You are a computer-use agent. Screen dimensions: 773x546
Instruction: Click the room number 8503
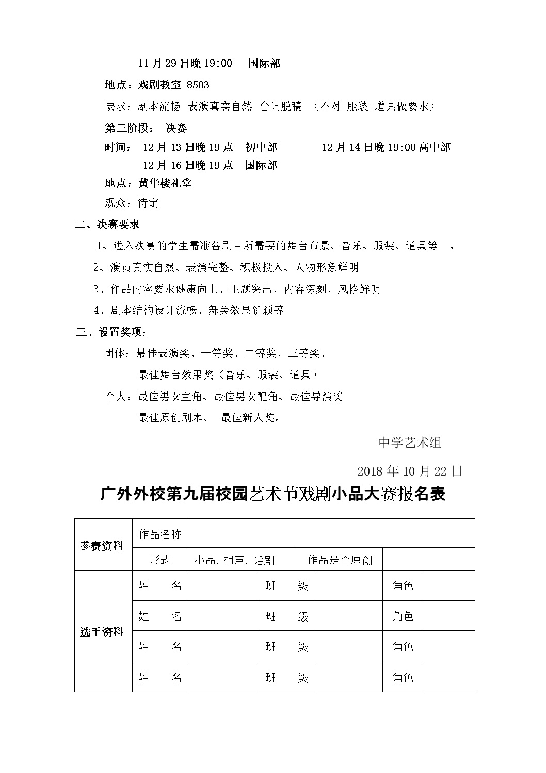[198, 85]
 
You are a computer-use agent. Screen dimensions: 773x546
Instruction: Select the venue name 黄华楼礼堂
[165, 183]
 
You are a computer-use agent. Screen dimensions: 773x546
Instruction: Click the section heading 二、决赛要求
[107, 225]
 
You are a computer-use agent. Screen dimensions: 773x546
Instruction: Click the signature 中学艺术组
[410, 443]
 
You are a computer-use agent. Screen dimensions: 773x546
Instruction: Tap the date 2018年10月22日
[409, 471]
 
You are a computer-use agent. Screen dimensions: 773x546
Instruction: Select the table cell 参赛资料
[102, 546]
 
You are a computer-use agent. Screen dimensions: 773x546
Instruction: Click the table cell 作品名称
[160, 534]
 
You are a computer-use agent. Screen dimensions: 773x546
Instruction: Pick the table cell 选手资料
[102, 632]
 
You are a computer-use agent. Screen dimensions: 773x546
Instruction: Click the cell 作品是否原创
[340, 560]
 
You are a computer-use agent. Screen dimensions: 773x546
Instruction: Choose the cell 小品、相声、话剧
[234, 560]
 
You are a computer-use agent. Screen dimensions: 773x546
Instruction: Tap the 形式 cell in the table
[160, 560]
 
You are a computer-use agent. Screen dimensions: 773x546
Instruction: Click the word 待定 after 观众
[148, 203]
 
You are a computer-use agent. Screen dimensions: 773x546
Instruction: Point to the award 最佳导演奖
[316, 397]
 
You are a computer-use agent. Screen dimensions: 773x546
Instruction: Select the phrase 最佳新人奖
[249, 418]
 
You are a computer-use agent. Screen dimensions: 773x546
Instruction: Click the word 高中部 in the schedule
[434, 148]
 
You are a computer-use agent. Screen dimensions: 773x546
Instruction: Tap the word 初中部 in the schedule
[261, 148]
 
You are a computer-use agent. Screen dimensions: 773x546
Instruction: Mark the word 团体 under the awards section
[115, 353]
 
